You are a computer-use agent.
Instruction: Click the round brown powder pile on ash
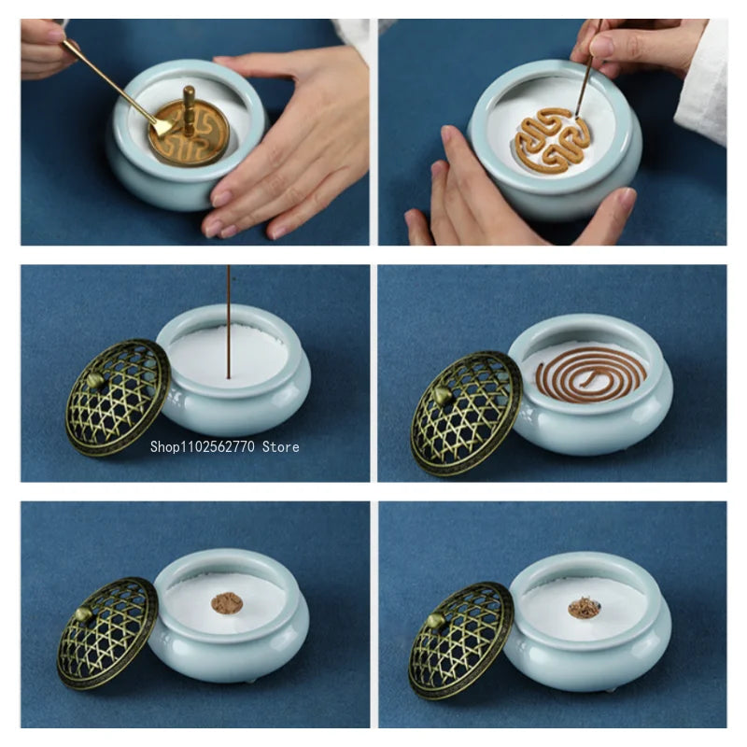click(227, 603)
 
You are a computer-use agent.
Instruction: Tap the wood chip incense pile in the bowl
click(584, 608)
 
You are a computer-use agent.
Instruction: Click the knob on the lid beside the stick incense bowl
click(96, 381)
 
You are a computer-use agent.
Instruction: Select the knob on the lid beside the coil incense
click(442, 395)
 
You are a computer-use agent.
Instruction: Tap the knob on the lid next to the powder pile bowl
click(83, 614)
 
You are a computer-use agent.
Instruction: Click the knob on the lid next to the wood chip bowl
click(435, 621)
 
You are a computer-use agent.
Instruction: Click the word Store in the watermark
click(281, 447)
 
